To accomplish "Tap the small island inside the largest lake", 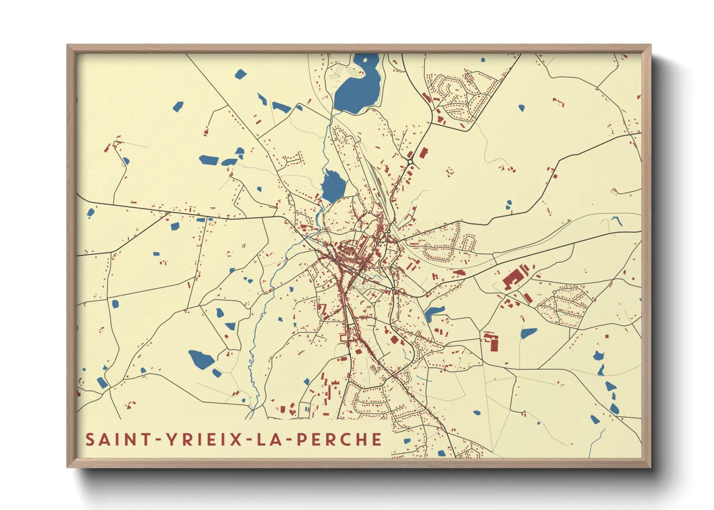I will (365, 61).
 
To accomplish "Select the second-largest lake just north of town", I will (333, 186).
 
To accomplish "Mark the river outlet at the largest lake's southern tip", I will (333, 112).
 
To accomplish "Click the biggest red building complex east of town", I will (514, 277).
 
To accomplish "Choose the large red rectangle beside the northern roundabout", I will (424, 153).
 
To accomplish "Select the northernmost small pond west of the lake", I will (240, 74).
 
